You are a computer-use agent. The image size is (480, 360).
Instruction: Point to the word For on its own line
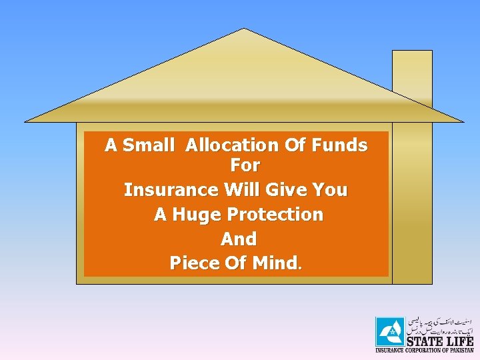click(245, 165)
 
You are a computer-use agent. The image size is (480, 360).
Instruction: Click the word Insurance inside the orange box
click(171, 190)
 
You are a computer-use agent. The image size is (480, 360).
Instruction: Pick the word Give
click(288, 190)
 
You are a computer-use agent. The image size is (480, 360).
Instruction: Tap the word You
click(331, 190)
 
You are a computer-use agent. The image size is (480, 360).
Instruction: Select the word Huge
click(197, 215)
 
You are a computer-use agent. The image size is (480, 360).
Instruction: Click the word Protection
click(275, 215)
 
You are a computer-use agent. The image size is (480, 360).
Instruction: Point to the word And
click(239, 239)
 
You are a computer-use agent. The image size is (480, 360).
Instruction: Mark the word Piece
click(194, 263)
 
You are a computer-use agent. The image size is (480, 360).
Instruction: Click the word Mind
click(273, 263)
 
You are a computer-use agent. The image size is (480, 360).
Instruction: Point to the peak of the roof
click(244, 30)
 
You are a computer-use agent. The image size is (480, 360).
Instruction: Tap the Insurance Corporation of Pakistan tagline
click(425, 350)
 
